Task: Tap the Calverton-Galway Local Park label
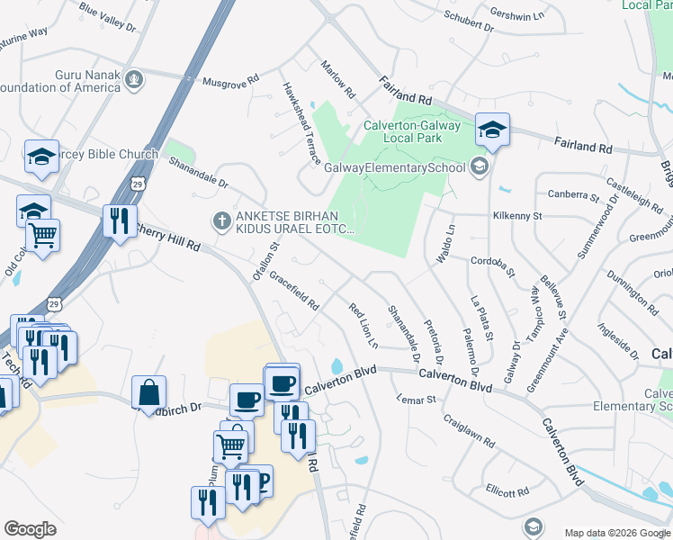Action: pos(415,132)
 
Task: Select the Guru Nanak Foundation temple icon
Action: pos(135,80)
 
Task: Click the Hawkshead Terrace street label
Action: pos(301,125)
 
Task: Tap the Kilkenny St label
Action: pos(516,216)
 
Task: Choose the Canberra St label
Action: pos(572,194)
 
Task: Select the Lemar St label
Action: pos(417,398)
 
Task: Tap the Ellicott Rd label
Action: pos(507,491)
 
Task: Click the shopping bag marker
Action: pos(148,392)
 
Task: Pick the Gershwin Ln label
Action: pos(517,15)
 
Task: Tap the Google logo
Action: pos(30,529)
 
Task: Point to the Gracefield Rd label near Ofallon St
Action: pos(294,292)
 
